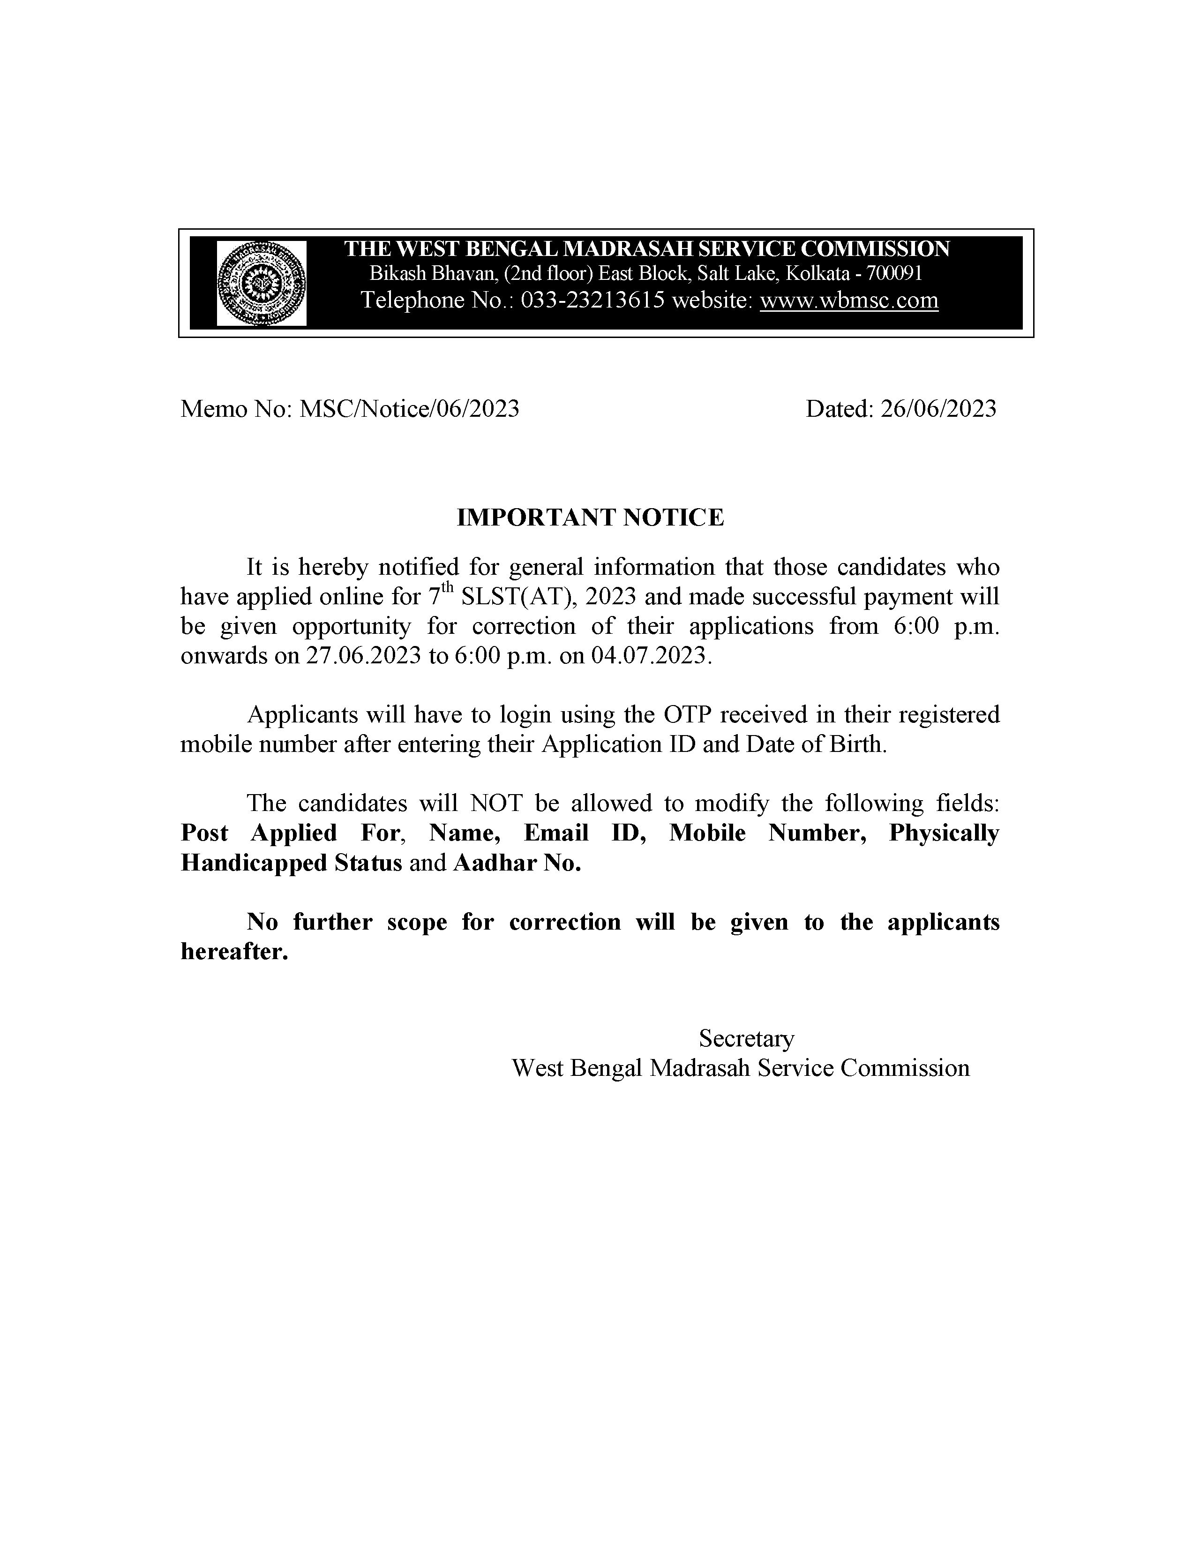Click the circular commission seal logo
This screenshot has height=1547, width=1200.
[262, 283]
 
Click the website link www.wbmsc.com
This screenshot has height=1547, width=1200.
[848, 300]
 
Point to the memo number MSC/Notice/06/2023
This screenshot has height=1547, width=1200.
[409, 409]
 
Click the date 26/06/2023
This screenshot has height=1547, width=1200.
[938, 409]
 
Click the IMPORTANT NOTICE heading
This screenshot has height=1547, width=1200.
[590, 518]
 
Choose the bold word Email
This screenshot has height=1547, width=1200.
[556, 833]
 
